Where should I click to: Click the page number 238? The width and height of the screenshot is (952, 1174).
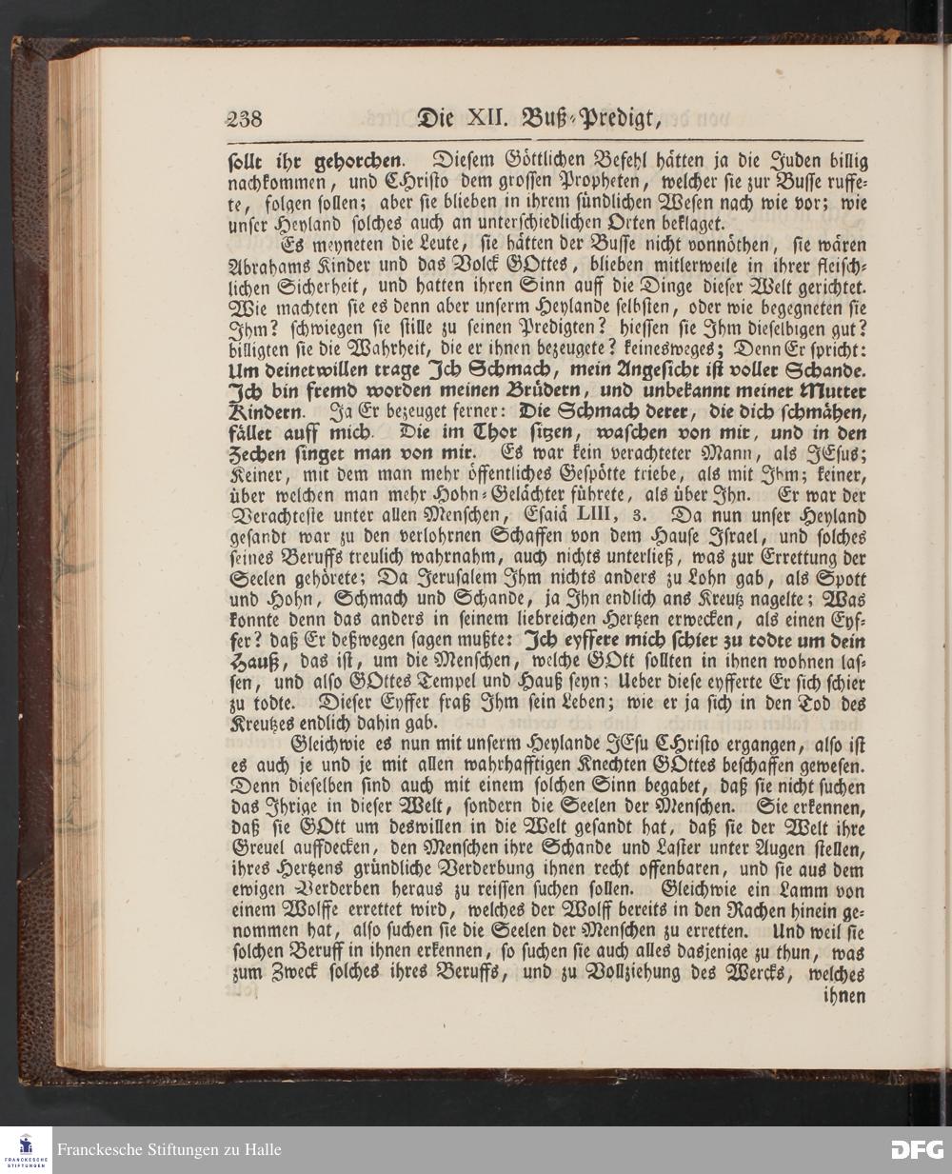tap(243, 121)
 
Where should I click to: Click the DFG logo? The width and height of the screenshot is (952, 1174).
tap(916, 1149)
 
